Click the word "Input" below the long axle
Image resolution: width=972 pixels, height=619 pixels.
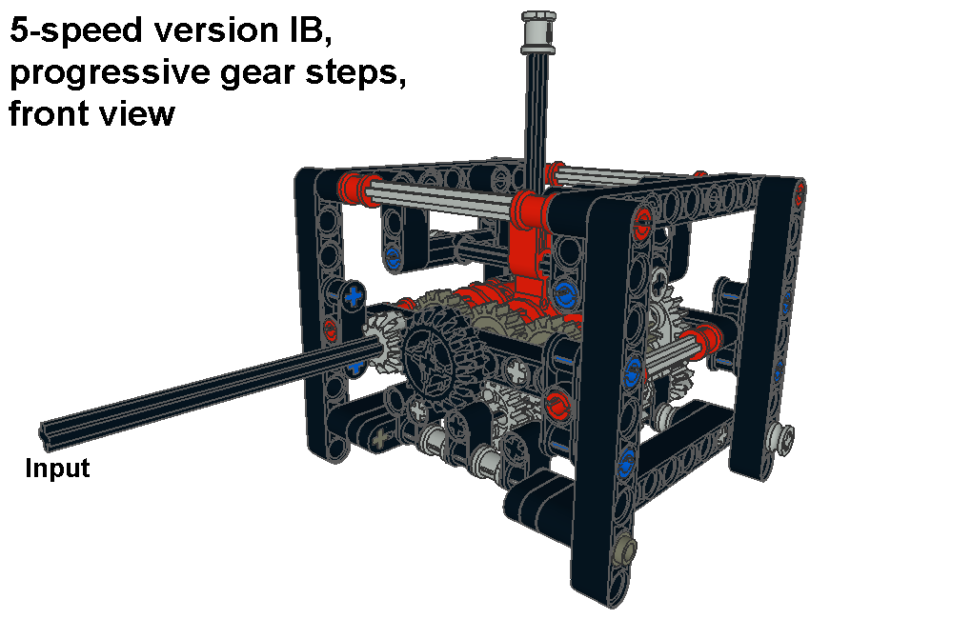pyautogui.click(x=57, y=468)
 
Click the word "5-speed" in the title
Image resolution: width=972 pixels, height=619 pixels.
pyautogui.click(x=75, y=31)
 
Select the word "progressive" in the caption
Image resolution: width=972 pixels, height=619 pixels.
pyautogui.click(x=110, y=73)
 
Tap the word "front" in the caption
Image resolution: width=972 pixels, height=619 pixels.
pyautogui.click(x=47, y=113)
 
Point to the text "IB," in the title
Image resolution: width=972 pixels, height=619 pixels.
pyautogui.click(x=310, y=31)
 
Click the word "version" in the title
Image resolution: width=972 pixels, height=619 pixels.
pyautogui.click(x=215, y=31)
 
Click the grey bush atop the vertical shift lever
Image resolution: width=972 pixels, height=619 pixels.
pyautogui.click(x=538, y=28)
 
